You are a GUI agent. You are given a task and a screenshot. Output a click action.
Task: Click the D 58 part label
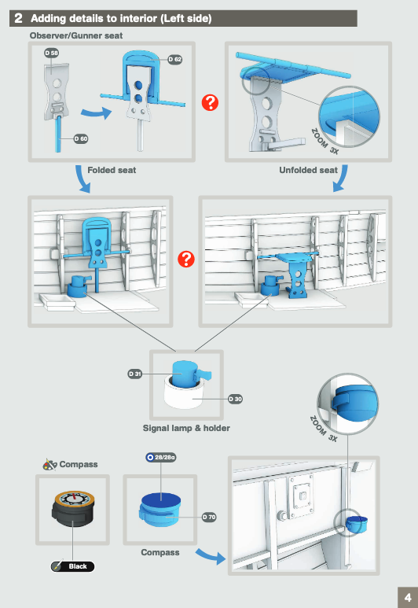point(52,53)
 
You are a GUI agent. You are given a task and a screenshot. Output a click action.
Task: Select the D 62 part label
point(175,59)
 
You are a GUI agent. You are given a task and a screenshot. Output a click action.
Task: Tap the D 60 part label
point(81,138)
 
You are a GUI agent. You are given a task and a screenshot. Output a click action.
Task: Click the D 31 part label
point(135,374)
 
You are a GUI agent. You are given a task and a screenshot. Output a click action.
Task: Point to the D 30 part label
point(235,399)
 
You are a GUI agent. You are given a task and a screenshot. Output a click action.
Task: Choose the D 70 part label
point(209,517)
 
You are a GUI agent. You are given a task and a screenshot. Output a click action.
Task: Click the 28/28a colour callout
point(161,458)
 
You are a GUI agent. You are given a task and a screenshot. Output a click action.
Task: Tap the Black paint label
point(73,566)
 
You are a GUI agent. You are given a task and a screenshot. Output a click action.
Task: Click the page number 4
point(408,598)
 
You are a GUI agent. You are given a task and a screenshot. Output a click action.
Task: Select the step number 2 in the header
point(18,18)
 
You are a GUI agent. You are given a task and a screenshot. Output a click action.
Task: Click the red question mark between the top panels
point(210,103)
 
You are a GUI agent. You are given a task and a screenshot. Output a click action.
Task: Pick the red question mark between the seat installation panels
point(186,260)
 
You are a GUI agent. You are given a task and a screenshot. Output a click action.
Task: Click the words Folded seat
point(112,170)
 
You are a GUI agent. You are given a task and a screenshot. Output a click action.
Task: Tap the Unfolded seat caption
point(308,170)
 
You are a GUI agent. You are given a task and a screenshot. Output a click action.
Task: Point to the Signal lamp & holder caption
point(186,428)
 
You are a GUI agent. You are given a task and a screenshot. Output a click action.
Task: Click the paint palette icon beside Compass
point(49,464)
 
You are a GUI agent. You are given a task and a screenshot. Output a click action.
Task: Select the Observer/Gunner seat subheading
point(76,35)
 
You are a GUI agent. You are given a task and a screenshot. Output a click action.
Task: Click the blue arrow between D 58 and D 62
point(96,112)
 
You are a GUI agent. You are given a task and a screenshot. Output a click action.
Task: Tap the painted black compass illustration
point(73,509)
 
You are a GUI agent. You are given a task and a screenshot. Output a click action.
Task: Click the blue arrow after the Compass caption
point(211,556)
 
